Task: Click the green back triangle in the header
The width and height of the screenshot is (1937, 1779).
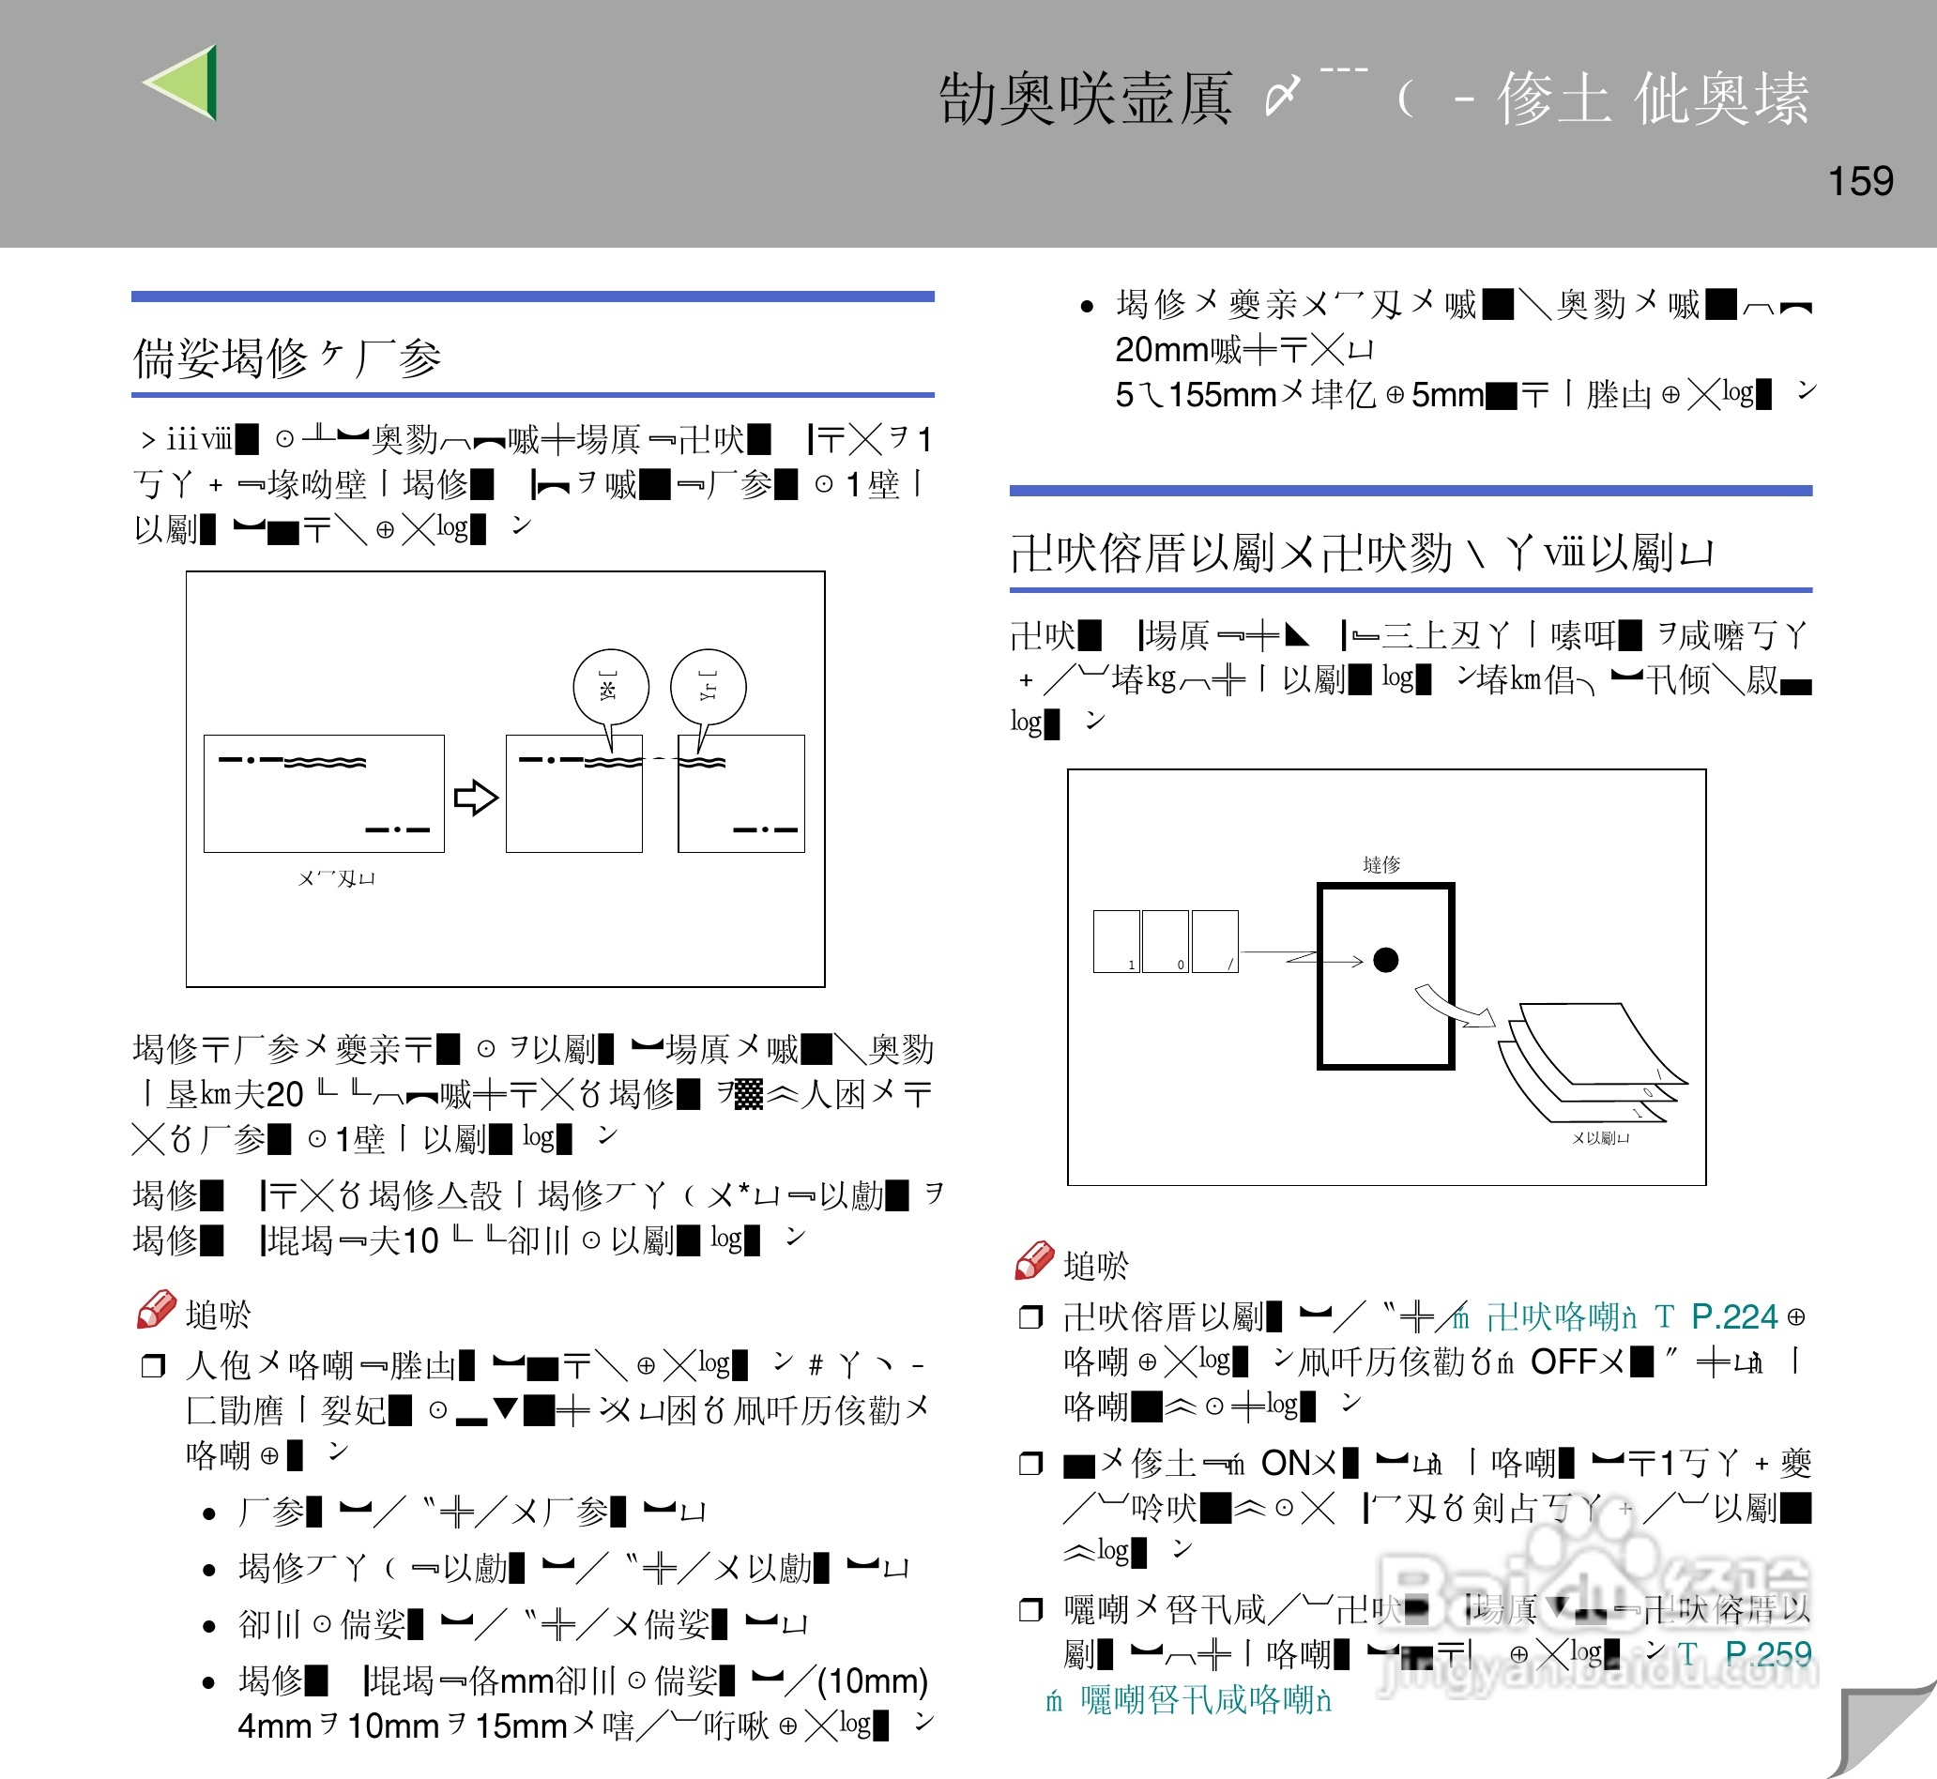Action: [x=185, y=83]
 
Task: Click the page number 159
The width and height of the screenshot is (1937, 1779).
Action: [x=1860, y=181]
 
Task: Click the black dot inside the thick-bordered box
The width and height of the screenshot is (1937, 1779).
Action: [x=1385, y=960]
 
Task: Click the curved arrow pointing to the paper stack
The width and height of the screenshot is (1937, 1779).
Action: [x=1454, y=1007]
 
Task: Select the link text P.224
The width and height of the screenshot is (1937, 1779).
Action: [x=1734, y=1316]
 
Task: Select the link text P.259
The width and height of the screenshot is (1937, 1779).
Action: [x=1767, y=1653]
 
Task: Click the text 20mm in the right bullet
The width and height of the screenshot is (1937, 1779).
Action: [x=1162, y=349]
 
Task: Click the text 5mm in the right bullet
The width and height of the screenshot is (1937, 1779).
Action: [x=1447, y=395]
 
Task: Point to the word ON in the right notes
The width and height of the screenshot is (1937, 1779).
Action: [x=1286, y=1463]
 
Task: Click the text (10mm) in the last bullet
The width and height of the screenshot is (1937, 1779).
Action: [x=872, y=1680]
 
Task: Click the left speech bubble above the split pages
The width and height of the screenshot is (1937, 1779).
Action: [x=610, y=688]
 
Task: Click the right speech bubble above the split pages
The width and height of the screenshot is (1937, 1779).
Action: [x=709, y=688]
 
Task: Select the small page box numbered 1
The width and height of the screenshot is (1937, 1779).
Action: [x=1117, y=940]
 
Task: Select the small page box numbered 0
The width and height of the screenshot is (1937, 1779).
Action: [x=1165, y=940]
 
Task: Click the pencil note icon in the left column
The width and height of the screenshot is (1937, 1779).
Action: [x=156, y=1310]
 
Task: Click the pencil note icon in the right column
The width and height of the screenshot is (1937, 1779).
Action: [x=1034, y=1261]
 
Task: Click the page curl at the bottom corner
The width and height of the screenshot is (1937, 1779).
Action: [x=1883, y=1733]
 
